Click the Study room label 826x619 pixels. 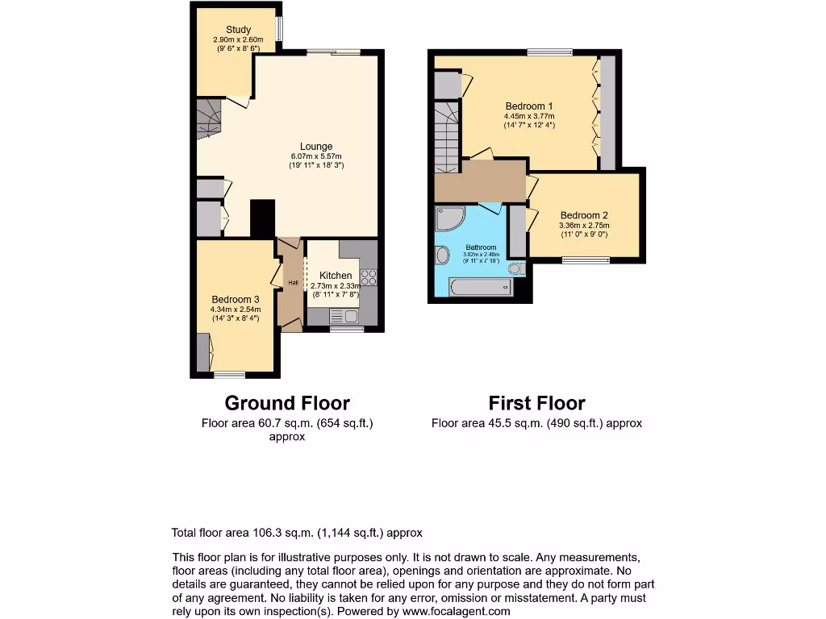[x=238, y=30]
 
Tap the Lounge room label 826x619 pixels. [x=316, y=147]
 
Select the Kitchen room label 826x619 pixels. [x=336, y=276]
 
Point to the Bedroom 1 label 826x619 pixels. [x=529, y=106]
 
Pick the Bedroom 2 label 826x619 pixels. [x=584, y=215]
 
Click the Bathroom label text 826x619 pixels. [x=482, y=247]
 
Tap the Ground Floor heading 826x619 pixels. [x=287, y=403]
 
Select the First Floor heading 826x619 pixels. [x=537, y=403]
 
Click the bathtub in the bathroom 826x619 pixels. [x=481, y=286]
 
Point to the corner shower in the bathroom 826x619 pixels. [x=448, y=218]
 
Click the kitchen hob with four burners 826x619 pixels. [x=369, y=276]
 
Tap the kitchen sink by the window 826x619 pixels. [x=340, y=318]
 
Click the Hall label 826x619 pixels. [x=293, y=283]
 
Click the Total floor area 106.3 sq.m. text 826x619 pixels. [x=297, y=533]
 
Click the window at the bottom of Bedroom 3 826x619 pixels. [x=230, y=374]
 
